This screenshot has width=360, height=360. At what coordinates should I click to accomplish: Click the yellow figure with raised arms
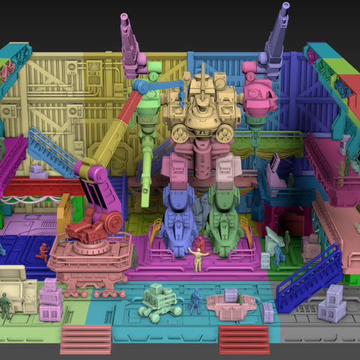tap(198, 255)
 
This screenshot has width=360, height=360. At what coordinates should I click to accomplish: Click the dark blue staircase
tap(307, 276)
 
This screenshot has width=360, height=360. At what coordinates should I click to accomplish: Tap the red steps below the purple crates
tap(86, 339)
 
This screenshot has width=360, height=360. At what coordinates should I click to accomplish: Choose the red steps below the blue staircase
tap(244, 338)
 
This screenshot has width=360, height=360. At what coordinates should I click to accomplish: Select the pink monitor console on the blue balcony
tap(275, 167)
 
